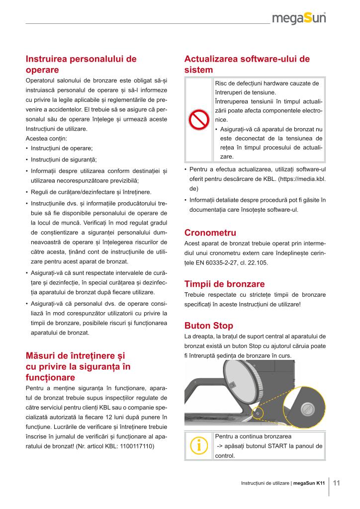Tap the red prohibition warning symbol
click(x=199, y=120)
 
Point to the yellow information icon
click(x=199, y=446)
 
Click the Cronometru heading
click(x=210, y=233)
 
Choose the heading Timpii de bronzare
click(x=224, y=284)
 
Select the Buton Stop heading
click(x=208, y=326)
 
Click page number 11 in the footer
click(x=336, y=483)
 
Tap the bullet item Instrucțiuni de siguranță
click(x=64, y=160)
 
